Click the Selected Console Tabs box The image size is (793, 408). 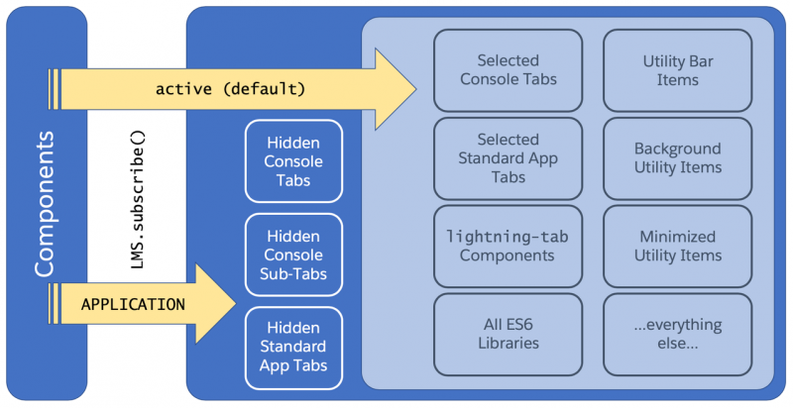click(508, 70)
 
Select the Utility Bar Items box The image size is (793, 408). click(678, 70)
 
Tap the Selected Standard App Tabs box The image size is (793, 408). click(508, 158)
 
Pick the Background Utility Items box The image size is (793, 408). click(678, 158)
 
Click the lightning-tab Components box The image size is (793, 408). click(508, 247)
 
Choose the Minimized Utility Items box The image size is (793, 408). click(678, 247)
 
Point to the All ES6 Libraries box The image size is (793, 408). click(508, 335)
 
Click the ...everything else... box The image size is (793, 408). click(678, 335)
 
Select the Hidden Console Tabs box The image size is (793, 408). click(293, 161)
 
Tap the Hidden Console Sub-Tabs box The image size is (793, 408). click(293, 255)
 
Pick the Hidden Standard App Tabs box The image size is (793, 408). click(293, 348)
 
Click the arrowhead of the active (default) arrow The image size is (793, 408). click(415, 89)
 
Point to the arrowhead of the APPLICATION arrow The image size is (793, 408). click(236, 303)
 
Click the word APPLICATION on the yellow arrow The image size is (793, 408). click(133, 304)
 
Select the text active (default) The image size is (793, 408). click(231, 89)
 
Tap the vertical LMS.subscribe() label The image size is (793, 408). click(138, 199)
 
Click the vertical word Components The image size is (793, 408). click(45, 204)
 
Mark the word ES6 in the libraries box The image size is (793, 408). click(518, 324)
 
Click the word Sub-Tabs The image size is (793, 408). click(293, 273)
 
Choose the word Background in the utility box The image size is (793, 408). click(678, 149)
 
